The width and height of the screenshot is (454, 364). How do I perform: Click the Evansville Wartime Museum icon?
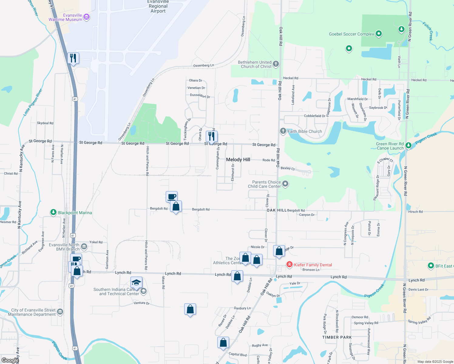tap(86, 17)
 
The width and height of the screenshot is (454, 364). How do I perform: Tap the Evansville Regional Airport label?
tap(158, 6)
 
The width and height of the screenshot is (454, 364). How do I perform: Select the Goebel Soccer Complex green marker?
tap(378, 34)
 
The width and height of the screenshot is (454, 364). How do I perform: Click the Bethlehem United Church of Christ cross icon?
tap(276, 64)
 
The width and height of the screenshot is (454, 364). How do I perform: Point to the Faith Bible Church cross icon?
tap(283, 131)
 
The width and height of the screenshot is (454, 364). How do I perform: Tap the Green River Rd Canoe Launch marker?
tap(408, 146)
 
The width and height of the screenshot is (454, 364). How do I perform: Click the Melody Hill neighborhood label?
tap(238, 160)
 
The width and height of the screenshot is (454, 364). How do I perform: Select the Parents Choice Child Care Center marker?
tap(285, 184)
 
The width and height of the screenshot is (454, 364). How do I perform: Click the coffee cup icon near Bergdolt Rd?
tap(172, 197)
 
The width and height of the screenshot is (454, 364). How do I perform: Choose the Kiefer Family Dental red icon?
tap(290, 265)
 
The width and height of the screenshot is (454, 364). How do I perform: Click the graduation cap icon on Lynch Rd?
tap(136, 282)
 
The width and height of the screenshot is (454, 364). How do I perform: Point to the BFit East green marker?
tap(431, 266)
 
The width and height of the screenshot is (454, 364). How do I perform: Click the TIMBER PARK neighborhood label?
tap(337, 337)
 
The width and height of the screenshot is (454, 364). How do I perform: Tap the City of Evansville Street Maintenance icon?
tap(60, 312)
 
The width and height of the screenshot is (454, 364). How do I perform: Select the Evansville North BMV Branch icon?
tap(84, 247)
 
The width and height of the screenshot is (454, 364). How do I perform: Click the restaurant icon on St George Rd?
tap(212, 136)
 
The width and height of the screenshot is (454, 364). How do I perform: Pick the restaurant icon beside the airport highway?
tap(73, 58)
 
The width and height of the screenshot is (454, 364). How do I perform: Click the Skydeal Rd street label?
tap(45, 123)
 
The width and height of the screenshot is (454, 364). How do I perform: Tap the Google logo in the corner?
tap(10, 360)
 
